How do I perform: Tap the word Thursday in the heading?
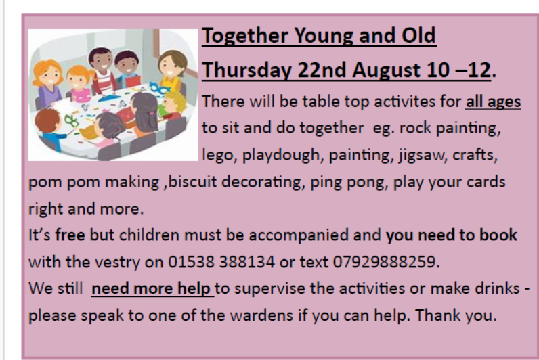tap(246, 70)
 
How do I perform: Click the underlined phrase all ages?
tap(493, 102)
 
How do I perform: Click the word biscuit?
tap(192, 182)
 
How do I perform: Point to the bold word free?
tap(70, 235)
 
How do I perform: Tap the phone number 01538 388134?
tap(221, 262)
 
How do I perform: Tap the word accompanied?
tap(299, 235)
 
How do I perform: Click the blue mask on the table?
tap(160, 89)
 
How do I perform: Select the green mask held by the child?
tap(72, 120)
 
